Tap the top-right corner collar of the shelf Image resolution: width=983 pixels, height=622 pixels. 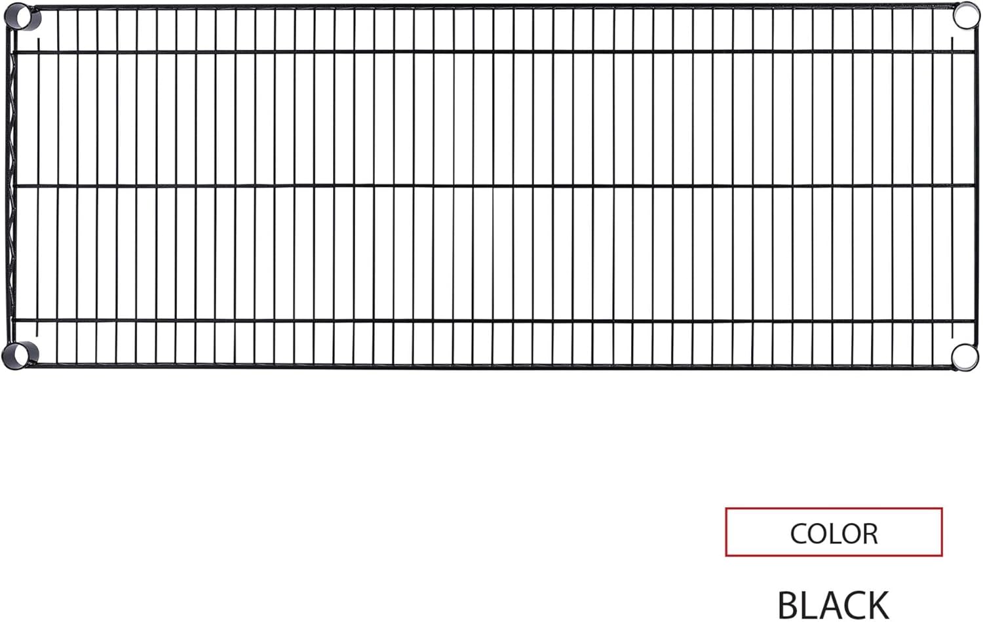tap(965, 16)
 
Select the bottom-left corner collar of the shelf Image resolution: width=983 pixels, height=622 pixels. tap(19, 355)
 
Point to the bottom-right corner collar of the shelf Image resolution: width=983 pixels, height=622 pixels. tap(965, 357)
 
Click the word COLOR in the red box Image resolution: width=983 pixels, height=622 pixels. tap(834, 534)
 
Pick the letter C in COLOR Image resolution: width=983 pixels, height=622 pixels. tap(800, 534)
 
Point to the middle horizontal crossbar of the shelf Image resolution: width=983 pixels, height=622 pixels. tap(491, 185)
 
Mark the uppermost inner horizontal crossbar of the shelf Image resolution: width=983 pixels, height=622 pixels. tap(491, 51)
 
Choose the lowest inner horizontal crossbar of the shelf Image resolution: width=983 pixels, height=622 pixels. tap(491, 320)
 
